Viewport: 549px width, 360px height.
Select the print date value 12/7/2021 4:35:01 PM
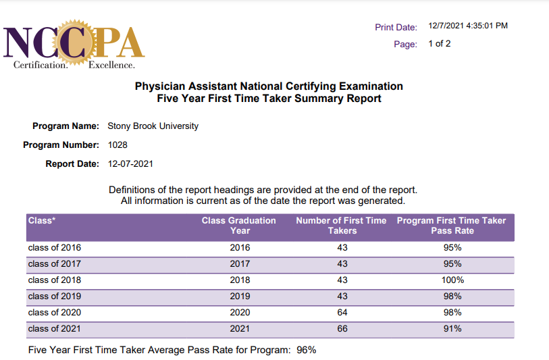click(468, 26)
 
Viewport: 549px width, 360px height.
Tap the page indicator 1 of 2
click(439, 44)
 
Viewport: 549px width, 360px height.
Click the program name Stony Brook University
click(153, 126)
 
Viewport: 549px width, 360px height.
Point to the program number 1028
click(117, 145)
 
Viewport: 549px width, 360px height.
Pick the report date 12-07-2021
click(130, 163)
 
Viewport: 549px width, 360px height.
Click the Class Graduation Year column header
click(239, 226)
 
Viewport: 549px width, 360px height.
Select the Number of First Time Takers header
click(341, 226)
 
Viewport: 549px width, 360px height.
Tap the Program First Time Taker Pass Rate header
click(452, 226)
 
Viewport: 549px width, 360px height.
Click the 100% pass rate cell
click(452, 280)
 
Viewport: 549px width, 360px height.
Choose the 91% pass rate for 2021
click(452, 329)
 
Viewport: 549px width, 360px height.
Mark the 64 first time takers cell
click(342, 313)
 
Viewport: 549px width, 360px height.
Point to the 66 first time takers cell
click(342, 329)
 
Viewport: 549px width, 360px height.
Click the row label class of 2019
click(54, 297)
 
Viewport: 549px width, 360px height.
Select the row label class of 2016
click(54, 248)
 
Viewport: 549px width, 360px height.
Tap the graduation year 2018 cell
click(240, 280)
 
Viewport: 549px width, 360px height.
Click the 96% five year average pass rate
click(307, 350)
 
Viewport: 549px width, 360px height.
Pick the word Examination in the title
click(371, 86)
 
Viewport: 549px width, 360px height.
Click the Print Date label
click(396, 27)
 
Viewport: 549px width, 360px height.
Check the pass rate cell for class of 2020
click(452, 313)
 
